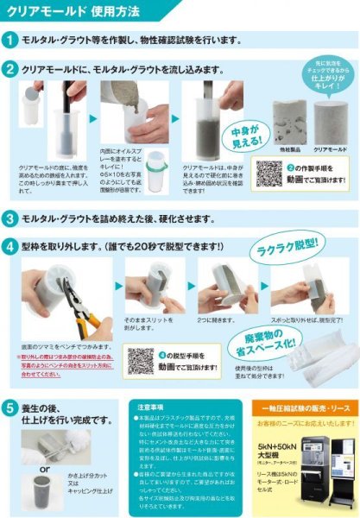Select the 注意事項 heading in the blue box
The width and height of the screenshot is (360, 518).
[152, 405]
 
